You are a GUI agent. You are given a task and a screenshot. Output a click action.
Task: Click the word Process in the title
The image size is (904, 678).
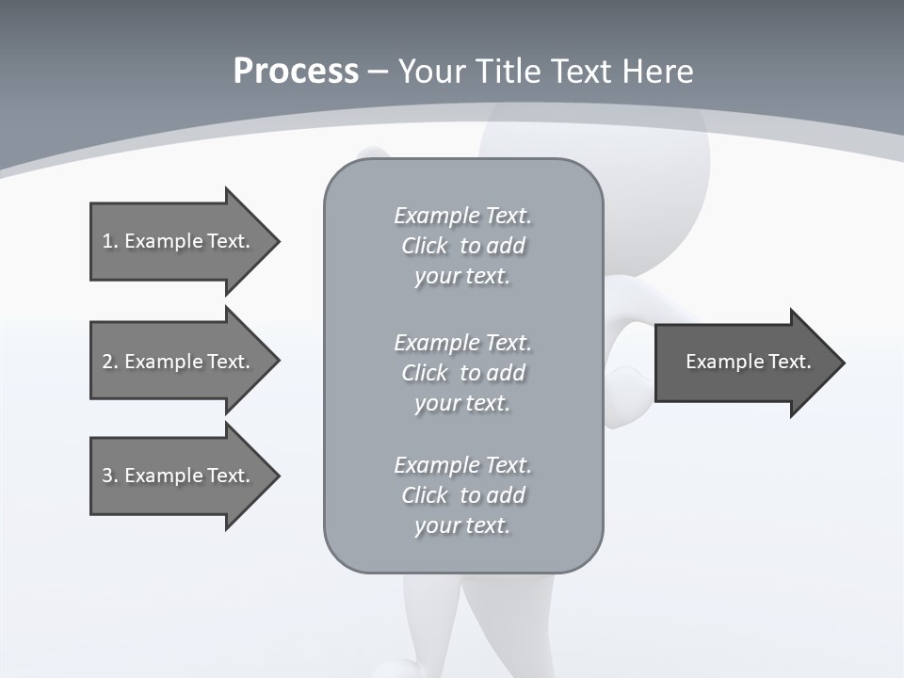point(296,72)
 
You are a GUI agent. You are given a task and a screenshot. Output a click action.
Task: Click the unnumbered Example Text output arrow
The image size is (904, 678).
point(748,362)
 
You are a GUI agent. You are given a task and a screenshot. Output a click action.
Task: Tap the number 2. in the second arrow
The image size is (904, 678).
point(109,362)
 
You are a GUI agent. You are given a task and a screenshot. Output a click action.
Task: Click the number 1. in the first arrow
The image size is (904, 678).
point(109,241)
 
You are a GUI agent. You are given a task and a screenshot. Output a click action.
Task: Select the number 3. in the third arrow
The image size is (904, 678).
point(109,476)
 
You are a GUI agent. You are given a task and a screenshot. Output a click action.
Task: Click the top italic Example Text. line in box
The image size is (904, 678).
point(462,216)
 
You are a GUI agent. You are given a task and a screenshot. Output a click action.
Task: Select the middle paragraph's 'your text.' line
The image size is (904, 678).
point(462,403)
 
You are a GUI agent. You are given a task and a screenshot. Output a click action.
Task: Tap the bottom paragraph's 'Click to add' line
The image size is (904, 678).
point(462,495)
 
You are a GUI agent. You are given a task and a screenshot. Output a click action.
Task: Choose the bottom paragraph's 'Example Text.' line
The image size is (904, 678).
point(462,465)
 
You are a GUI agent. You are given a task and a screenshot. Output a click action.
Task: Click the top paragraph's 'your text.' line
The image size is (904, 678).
point(462,276)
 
